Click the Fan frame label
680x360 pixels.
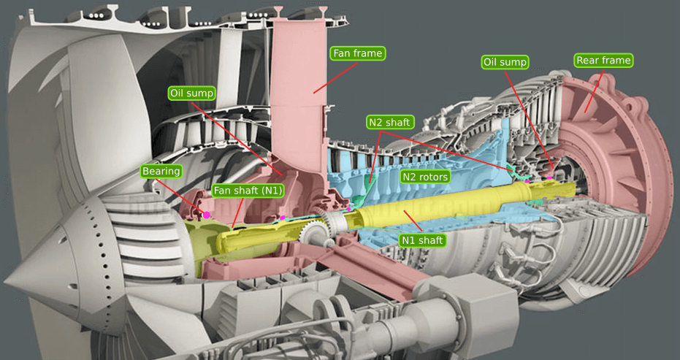point(358,53)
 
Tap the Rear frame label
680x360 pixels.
point(603,61)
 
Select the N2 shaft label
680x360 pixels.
point(389,123)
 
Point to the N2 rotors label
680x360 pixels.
point(425,177)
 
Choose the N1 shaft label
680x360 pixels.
point(422,240)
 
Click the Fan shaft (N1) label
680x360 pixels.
point(247,190)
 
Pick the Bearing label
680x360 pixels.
point(161,172)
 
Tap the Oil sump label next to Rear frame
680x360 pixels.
point(505,63)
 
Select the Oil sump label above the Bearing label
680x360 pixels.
point(192,93)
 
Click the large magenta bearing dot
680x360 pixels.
point(207,215)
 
